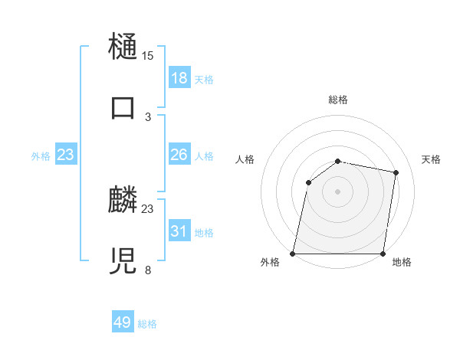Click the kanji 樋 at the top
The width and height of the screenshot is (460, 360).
123,46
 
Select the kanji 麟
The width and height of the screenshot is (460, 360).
123,201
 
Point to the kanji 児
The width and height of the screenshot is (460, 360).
123,261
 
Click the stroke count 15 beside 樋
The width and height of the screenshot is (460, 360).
148,56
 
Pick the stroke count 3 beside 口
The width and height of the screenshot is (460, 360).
148,116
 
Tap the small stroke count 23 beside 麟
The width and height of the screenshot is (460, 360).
148,208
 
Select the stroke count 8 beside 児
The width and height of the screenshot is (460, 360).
148,270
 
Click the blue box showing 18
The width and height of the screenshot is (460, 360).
179,77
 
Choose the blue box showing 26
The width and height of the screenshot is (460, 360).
179,155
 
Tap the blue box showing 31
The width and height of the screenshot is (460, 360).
179,231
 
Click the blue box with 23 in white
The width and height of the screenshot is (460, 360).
66,155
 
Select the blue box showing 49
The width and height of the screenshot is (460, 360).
123,322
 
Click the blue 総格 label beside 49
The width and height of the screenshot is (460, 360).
147,324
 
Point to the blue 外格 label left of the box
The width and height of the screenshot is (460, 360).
41,156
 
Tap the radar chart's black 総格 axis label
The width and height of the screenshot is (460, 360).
338,100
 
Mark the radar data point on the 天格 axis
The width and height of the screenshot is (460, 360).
396,173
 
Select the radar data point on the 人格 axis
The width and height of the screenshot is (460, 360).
308,182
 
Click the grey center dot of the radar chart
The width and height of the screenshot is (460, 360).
338,191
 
